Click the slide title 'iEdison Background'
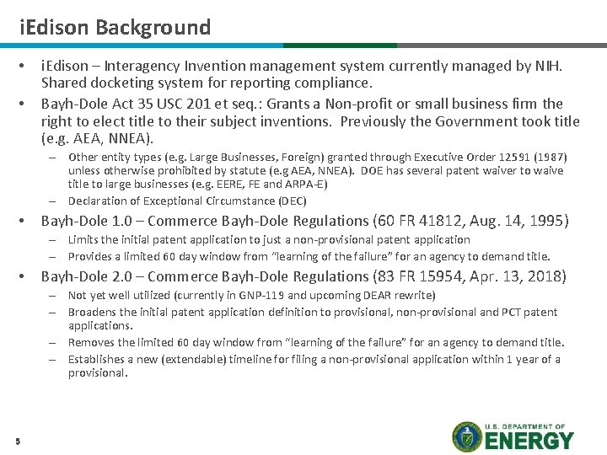115,27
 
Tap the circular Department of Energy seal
467,436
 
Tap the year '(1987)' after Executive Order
551,157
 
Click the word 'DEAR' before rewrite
381,296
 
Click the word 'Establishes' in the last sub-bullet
98,359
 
